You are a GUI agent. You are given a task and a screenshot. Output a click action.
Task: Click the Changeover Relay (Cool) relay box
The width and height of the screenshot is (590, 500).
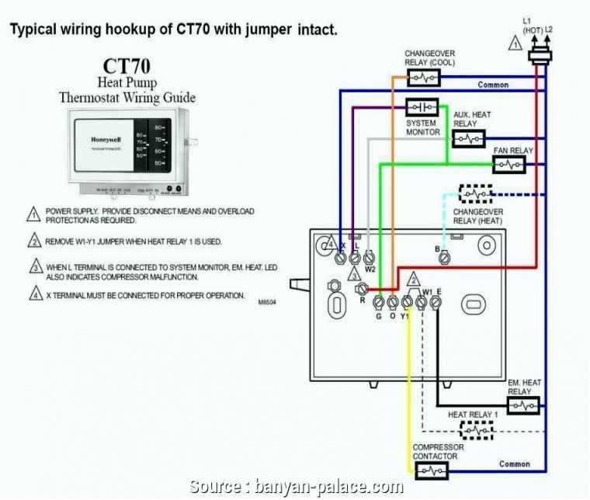pos(423,78)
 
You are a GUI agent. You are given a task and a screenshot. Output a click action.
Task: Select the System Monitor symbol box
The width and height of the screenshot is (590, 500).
pos(422,107)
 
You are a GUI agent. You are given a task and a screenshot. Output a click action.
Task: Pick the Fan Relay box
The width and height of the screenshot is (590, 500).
pos(508,164)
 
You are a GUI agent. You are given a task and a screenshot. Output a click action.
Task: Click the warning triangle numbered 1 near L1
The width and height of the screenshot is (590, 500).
pos(515,44)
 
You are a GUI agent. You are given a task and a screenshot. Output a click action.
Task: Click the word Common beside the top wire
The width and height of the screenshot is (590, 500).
pos(493,85)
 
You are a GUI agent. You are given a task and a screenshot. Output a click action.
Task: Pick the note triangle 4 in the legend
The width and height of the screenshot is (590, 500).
pos(34,294)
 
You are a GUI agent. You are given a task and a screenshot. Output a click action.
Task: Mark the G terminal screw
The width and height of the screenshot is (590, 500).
pos(378,303)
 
